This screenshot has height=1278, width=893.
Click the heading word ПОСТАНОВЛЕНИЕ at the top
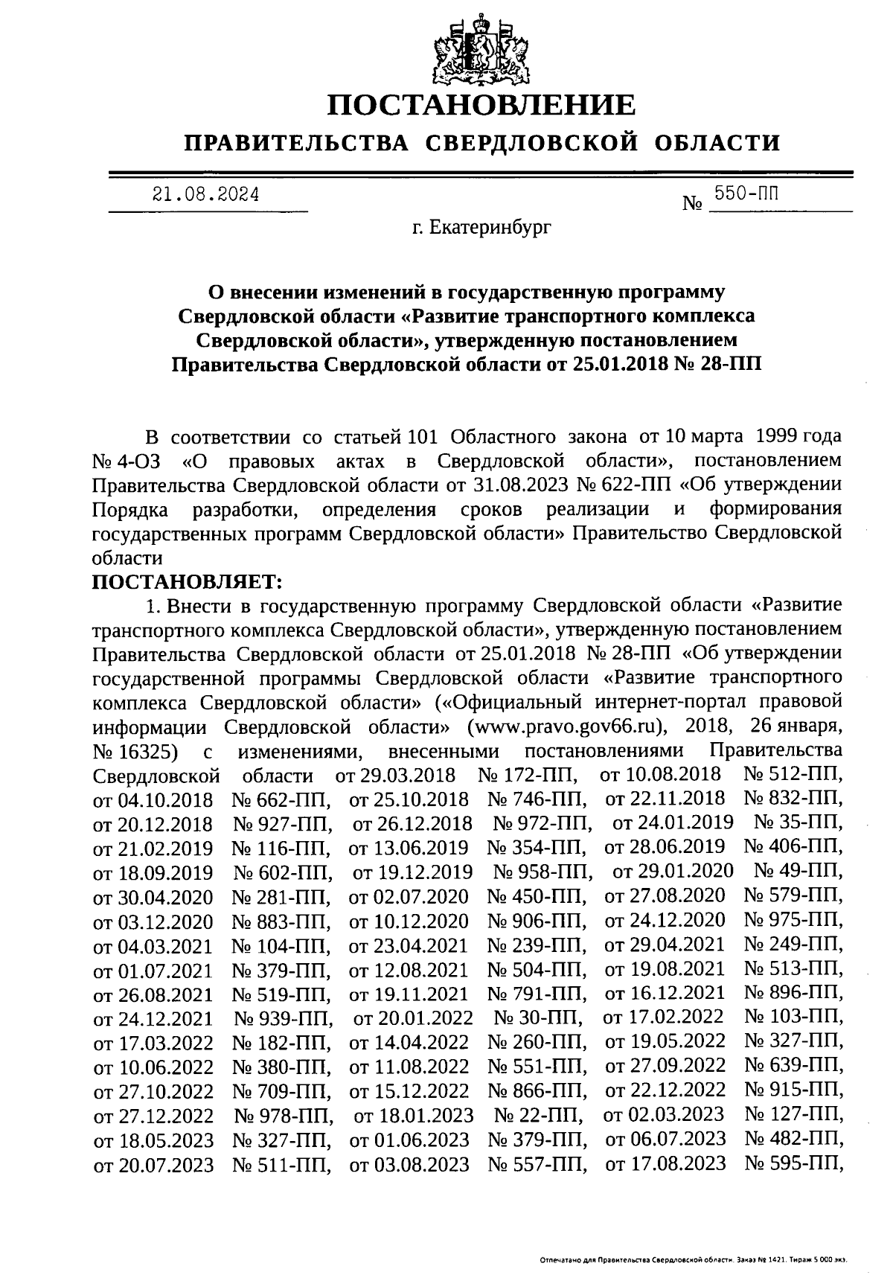click(483, 105)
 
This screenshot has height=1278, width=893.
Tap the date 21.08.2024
click(206, 195)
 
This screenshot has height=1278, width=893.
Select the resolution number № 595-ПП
click(793, 1163)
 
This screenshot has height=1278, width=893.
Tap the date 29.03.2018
click(395, 775)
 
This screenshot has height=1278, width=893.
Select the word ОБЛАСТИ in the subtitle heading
click(718, 142)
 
